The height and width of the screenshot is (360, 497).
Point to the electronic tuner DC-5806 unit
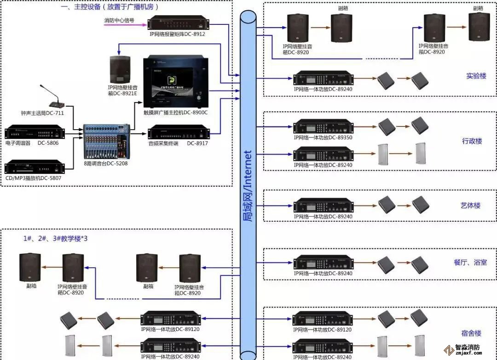[x=34, y=133]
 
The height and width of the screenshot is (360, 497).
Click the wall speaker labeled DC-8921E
[x=120, y=69]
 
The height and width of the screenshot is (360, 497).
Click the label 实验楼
[x=476, y=76]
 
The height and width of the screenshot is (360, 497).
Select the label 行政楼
[x=472, y=141]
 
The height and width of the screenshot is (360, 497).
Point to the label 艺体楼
[x=470, y=206]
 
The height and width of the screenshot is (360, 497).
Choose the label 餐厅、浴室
[x=469, y=263]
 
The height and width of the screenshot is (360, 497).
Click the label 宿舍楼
[x=471, y=333]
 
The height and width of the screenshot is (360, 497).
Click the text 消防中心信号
[x=119, y=21]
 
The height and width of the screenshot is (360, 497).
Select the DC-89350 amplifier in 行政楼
[x=323, y=127]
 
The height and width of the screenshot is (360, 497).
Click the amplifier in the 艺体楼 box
[x=323, y=205]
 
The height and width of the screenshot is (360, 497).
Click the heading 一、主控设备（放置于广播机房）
[x=113, y=7]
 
